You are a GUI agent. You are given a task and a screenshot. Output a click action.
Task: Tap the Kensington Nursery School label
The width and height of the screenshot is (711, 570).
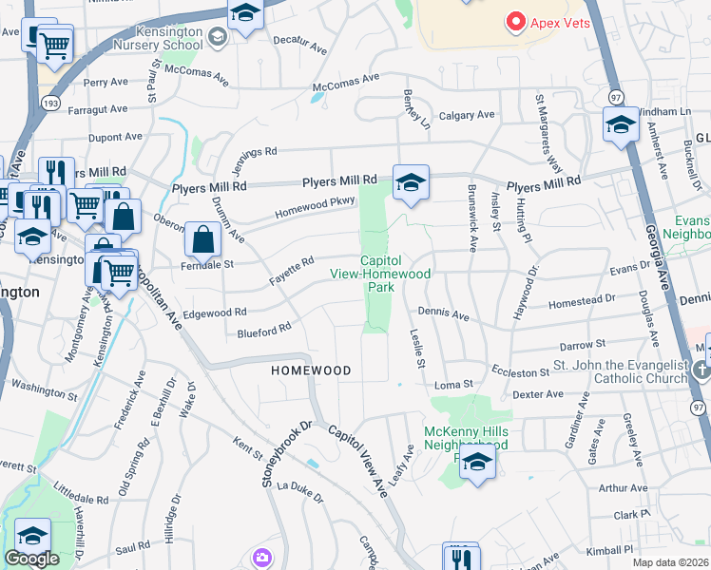point(157,38)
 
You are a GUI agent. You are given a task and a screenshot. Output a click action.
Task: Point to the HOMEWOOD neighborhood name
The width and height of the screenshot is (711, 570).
point(311,370)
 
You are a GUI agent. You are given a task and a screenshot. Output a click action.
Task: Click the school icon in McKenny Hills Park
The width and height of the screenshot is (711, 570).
point(477,463)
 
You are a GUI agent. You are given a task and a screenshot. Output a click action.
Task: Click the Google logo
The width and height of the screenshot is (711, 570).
point(31,559)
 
